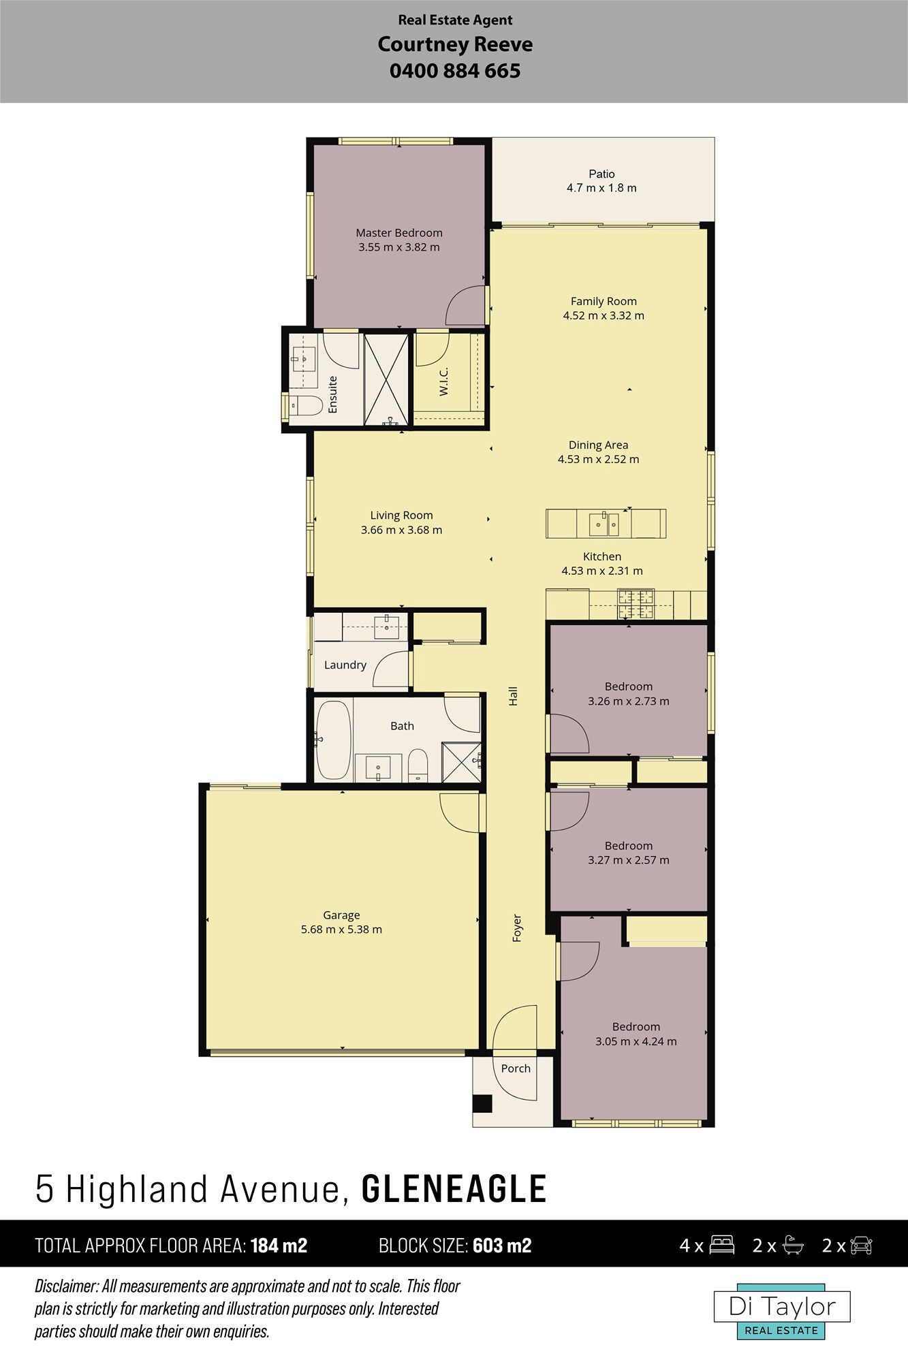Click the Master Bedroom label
[x=399, y=233]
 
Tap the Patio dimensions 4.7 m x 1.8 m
[x=601, y=188]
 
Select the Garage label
[x=341, y=915]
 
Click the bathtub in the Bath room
[x=334, y=740]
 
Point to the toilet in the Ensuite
[x=307, y=407]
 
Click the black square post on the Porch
[x=483, y=1103]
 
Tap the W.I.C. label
[x=443, y=381]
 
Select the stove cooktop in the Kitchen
[x=636, y=604]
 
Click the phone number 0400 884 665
[x=455, y=71]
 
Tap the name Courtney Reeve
[x=455, y=44]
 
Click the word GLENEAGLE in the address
[x=454, y=1189]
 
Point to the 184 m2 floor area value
[x=279, y=1246]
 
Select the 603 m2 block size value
[x=502, y=1246]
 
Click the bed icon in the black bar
[x=722, y=1245]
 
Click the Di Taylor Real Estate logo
[x=782, y=1312]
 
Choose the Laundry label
[x=345, y=665]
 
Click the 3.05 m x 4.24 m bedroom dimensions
[x=636, y=1041]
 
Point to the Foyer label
[x=516, y=928]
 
